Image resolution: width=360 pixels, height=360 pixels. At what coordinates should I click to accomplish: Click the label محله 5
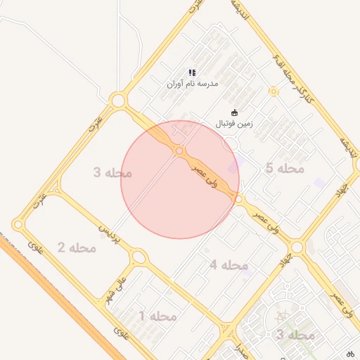tap(285, 169)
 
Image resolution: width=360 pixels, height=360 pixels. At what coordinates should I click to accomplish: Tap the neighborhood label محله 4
tap(229, 265)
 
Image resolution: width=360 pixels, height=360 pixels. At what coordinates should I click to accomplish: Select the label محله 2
tap(77, 247)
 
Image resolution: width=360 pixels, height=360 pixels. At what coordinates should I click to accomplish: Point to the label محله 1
tap(158, 316)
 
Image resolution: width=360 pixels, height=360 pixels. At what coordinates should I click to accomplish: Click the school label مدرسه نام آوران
tap(193, 84)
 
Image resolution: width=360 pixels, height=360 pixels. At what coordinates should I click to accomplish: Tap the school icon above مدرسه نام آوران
tap(192, 72)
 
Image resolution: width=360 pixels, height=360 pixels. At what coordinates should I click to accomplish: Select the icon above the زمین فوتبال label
tap(234, 112)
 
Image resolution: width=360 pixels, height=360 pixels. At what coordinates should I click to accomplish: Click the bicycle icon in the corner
tap(351, 353)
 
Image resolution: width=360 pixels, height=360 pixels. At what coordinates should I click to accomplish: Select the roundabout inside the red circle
tap(180, 151)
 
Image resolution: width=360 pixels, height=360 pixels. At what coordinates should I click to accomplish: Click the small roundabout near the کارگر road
tap(273, 91)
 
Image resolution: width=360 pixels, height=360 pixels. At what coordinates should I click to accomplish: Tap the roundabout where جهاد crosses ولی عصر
tap(297, 247)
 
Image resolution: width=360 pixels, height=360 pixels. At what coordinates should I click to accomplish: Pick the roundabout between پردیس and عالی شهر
tap(139, 258)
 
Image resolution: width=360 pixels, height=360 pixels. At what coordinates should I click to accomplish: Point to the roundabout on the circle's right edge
tap(239, 200)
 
